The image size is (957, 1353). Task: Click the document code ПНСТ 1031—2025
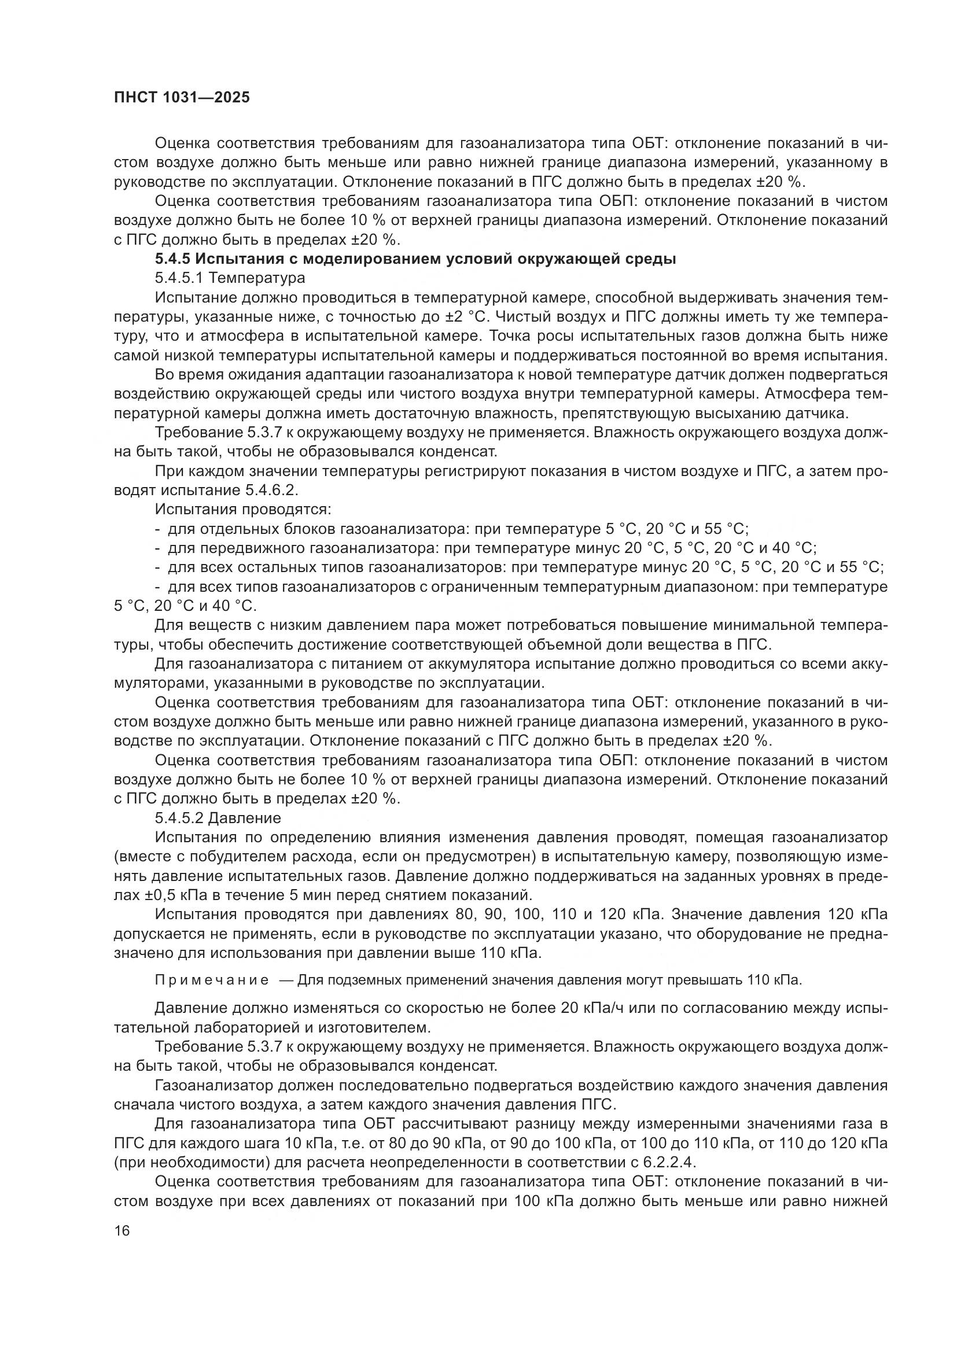182,97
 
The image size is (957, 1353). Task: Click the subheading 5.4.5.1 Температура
230,278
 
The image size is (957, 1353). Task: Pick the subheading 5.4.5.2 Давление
218,818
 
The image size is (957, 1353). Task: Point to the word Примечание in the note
212,980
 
